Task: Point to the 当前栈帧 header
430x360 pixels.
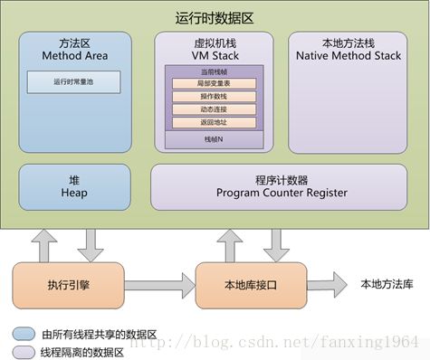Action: [x=214, y=71]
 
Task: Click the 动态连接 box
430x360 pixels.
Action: [x=214, y=109]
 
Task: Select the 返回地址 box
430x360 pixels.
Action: [x=214, y=122]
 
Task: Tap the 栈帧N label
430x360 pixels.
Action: [x=214, y=139]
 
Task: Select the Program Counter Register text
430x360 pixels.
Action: [x=282, y=192]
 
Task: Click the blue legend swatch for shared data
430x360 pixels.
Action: [x=24, y=332]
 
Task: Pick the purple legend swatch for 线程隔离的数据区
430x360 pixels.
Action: [x=24, y=350]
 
